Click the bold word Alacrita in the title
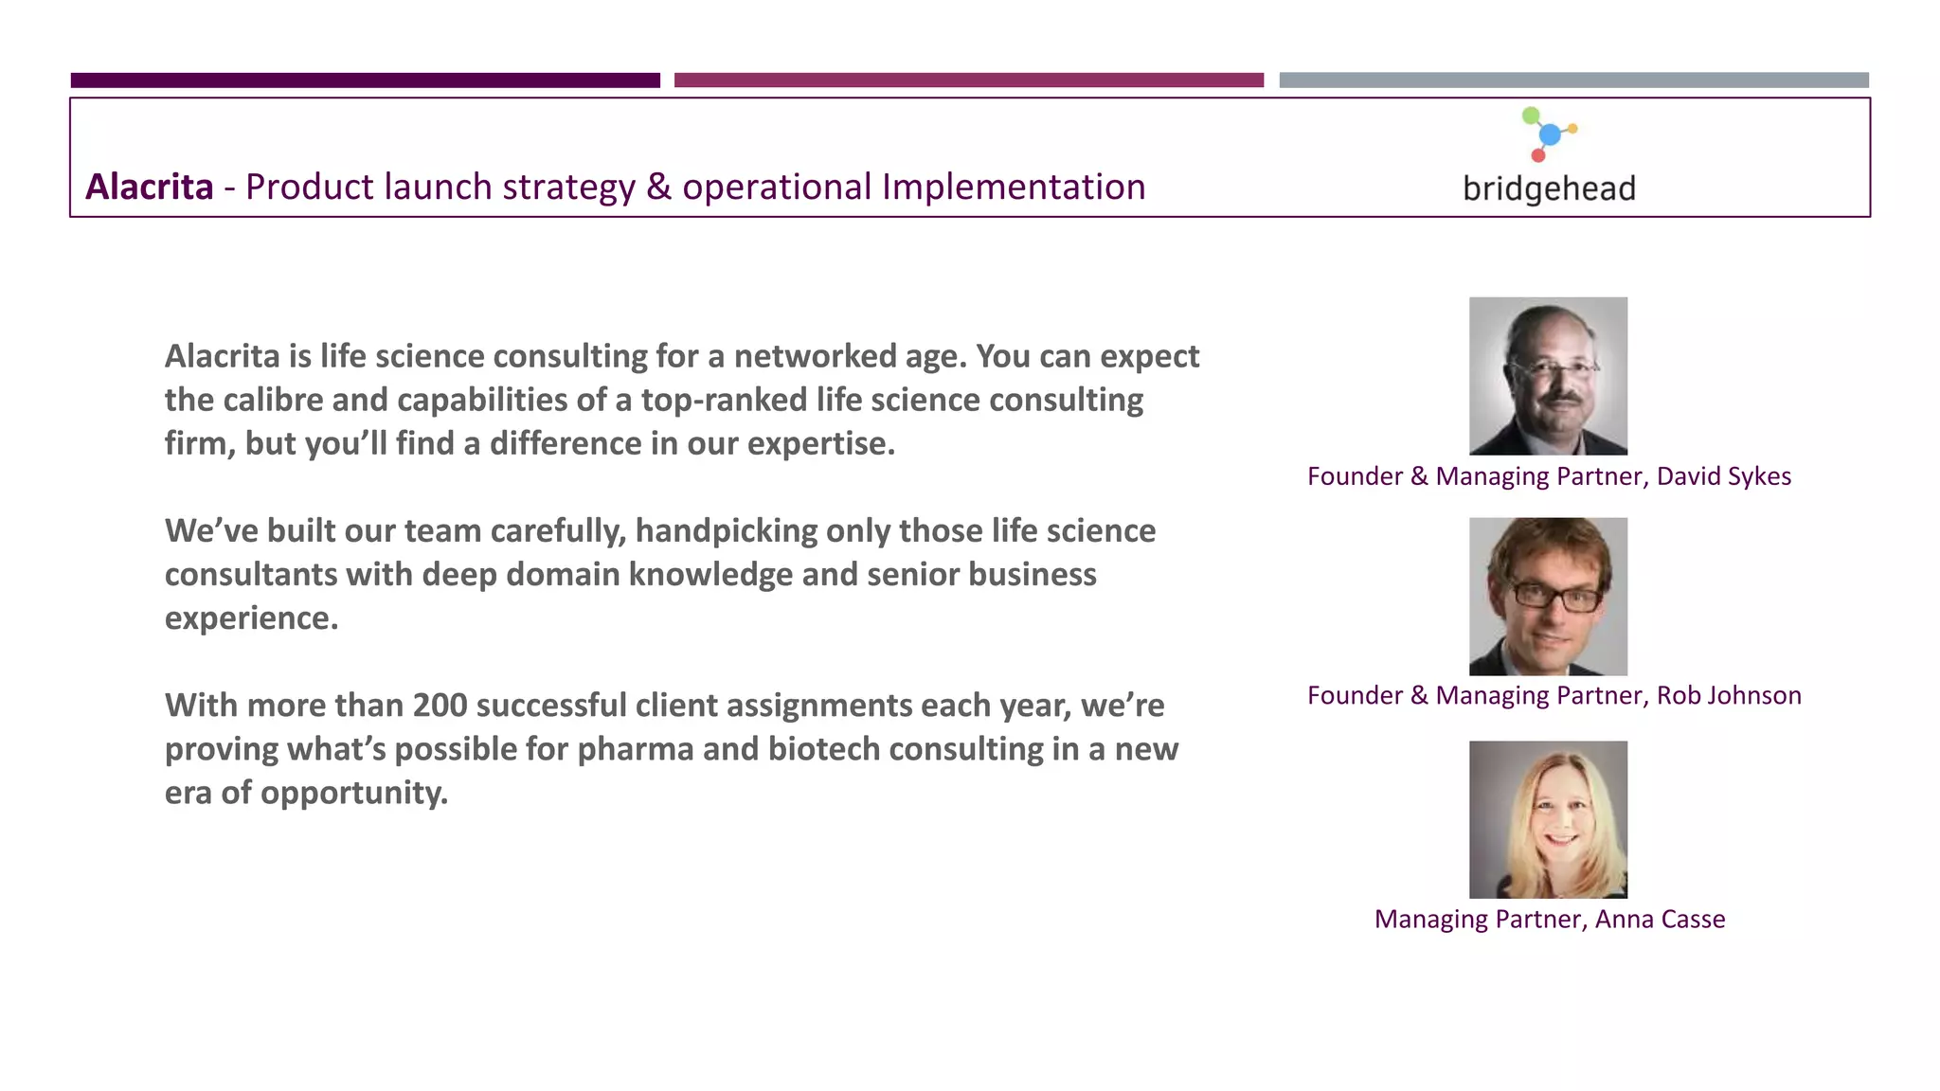150,187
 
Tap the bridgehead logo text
1549,188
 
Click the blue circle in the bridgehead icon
1550,134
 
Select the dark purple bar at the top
365,80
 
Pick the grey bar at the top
1573,80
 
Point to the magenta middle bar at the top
968,80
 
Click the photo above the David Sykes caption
1548,376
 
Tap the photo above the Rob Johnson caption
1548,596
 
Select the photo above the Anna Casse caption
1548,819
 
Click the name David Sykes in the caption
1723,476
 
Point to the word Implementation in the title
1014,187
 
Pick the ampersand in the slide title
658,187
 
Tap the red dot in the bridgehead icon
1538,155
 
